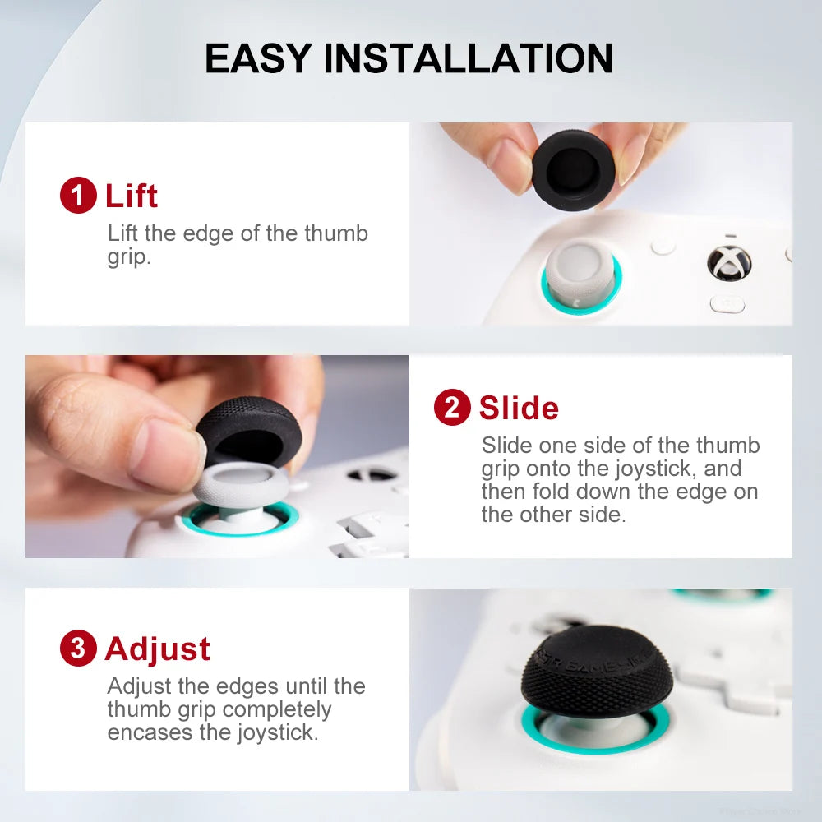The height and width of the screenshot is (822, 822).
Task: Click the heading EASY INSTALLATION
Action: [x=409, y=58]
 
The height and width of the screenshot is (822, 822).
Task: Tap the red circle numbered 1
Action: [x=78, y=196]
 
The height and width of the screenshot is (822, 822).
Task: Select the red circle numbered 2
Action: [x=451, y=408]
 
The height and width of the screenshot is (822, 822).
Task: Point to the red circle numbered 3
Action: [x=78, y=649]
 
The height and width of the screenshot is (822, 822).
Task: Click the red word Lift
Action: [x=132, y=196]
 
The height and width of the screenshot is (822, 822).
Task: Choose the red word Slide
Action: [x=519, y=408]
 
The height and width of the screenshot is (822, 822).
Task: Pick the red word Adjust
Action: [x=158, y=649]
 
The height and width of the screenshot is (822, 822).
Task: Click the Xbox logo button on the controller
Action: [x=728, y=262]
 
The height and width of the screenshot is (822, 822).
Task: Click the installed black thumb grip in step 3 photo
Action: [x=596, y=670]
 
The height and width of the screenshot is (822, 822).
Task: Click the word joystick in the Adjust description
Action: [x=278, y=732]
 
